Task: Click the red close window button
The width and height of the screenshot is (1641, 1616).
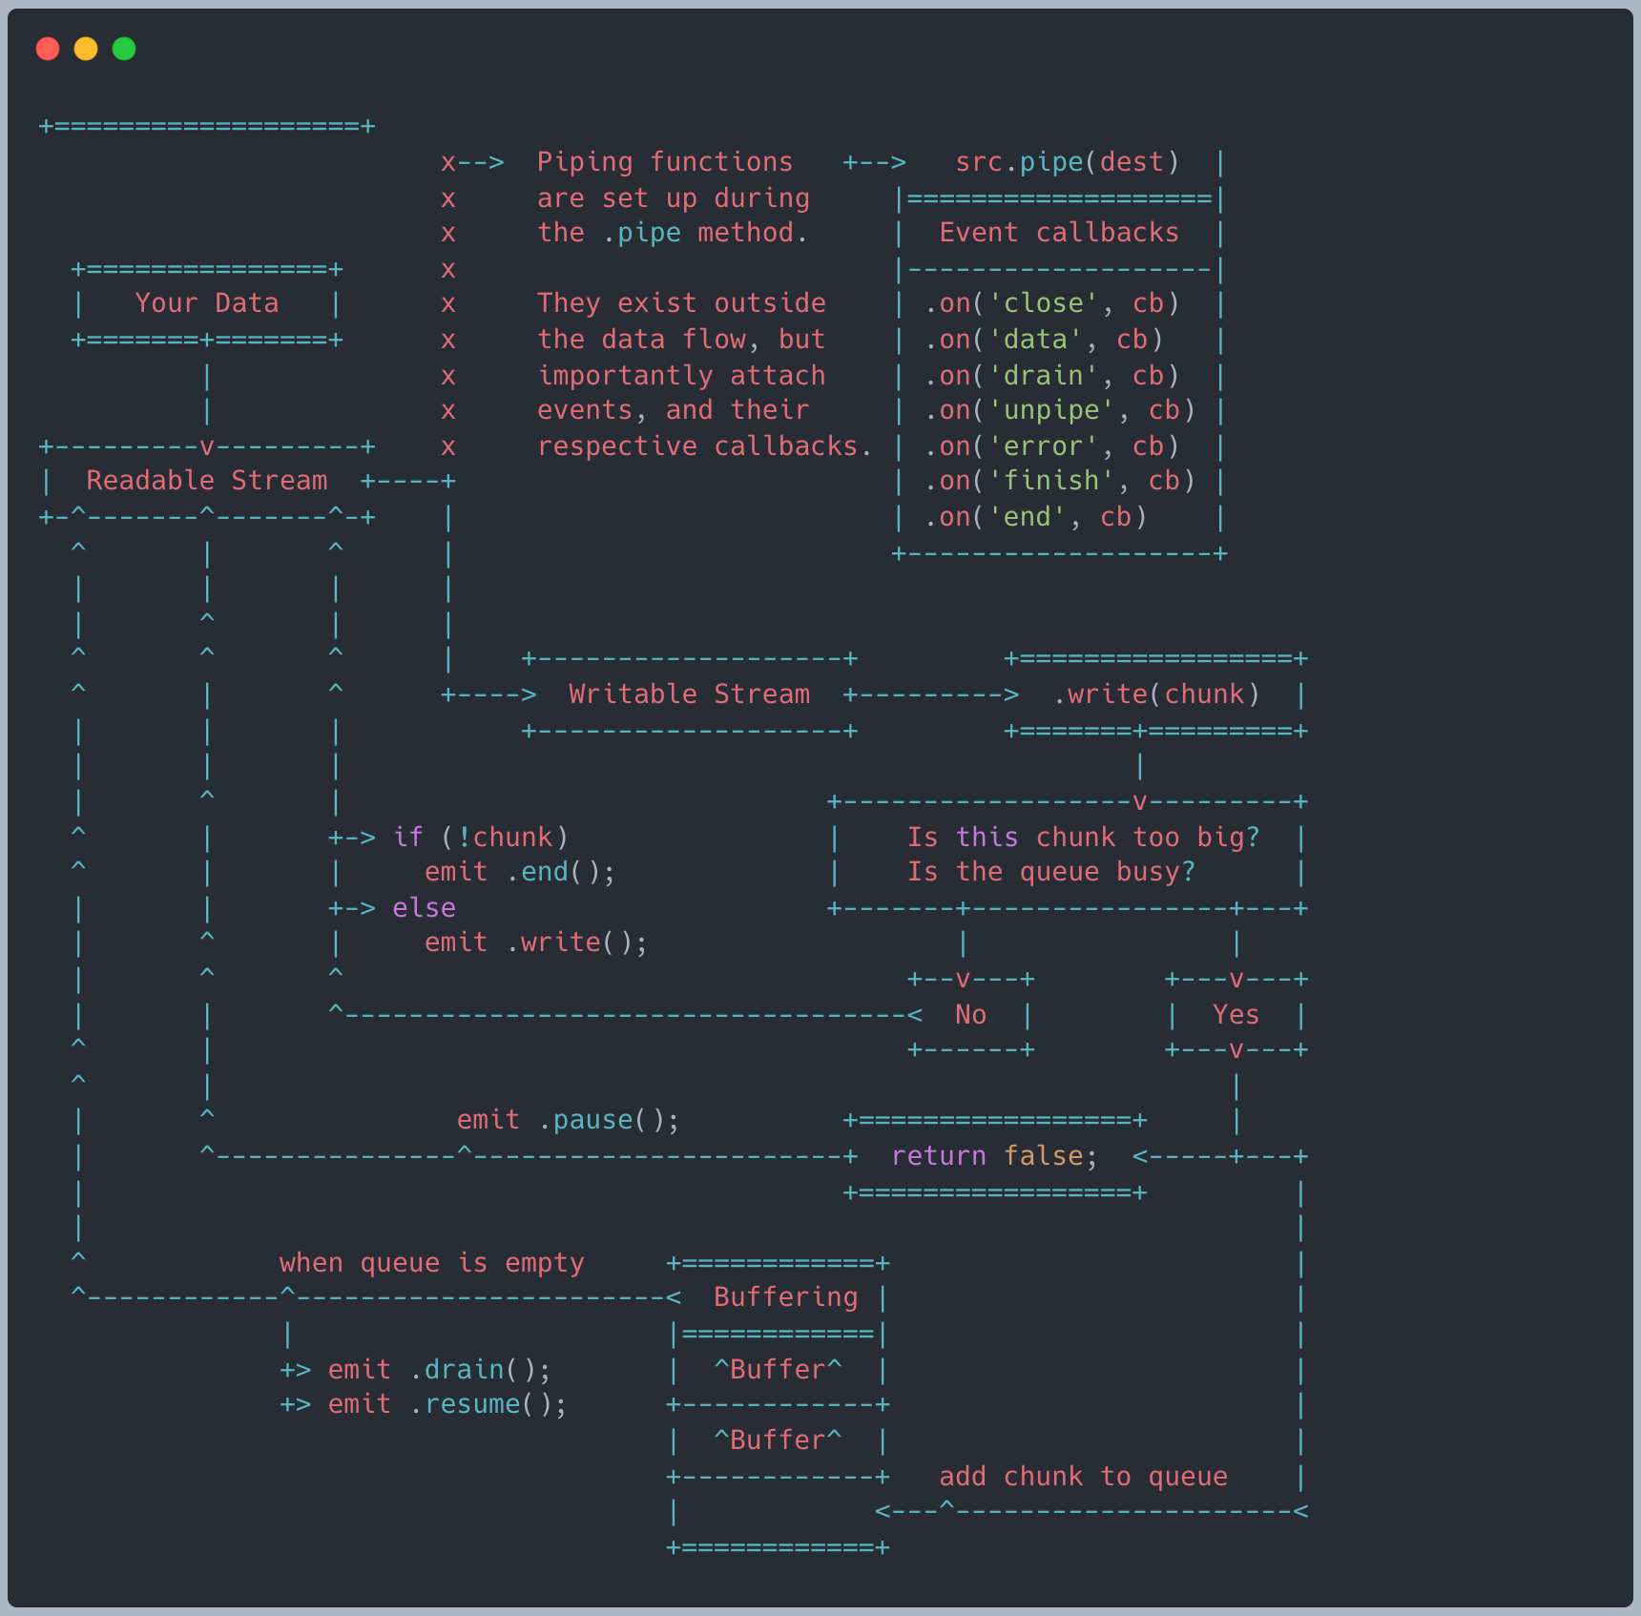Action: pyautogui.click(x=48, y=49)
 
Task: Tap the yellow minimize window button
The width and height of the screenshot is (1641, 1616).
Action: pyautogui.click(x=86, y=49)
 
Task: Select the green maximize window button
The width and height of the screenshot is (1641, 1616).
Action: pyautogui.click(x=124, y=49)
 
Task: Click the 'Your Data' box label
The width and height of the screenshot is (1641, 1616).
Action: pyautogui.click(x=207, y=303)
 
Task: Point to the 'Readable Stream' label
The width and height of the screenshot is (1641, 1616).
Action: pyautogui.click(x=207, y=481)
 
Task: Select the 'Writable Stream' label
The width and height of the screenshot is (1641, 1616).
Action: pyautogui.click(x=689, y=694)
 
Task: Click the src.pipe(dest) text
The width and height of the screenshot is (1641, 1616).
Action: pyautogui.click(x=1068, y=162)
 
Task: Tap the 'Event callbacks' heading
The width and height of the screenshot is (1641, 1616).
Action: pyautogui.click(x=1059, y=233)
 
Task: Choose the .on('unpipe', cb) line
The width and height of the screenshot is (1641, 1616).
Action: pyautogui.click(x=1060, y=410)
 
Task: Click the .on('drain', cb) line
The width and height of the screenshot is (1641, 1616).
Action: pyautogui.click(x=1052, y=376)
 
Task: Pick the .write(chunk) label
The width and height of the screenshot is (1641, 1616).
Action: pyautogui.click(x=1156, y=694)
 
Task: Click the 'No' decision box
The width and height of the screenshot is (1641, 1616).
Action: pyautogui.click(x=970, y=1015)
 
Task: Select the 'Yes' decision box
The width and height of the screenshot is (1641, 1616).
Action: pyautogui.click(x=1236, y=1015)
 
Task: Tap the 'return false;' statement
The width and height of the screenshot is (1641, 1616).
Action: pyautogui.click(x=994, y=1156)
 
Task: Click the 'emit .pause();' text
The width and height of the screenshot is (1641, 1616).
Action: pyautogui.click(x=568, y=1120)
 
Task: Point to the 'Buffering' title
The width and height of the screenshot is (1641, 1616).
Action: pyautogui.click(x=786, y=1297)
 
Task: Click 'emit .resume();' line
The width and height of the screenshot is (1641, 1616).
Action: pyautogui.click(x=447, y=1404)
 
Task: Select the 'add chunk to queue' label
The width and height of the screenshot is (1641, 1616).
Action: pyautogui.click(x=1084, y=1477)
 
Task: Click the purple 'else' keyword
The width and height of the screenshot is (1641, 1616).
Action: pyautogui.click(x=425, y=908)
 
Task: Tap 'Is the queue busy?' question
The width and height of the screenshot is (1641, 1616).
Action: pyautogui.click(x=1051, y=872)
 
